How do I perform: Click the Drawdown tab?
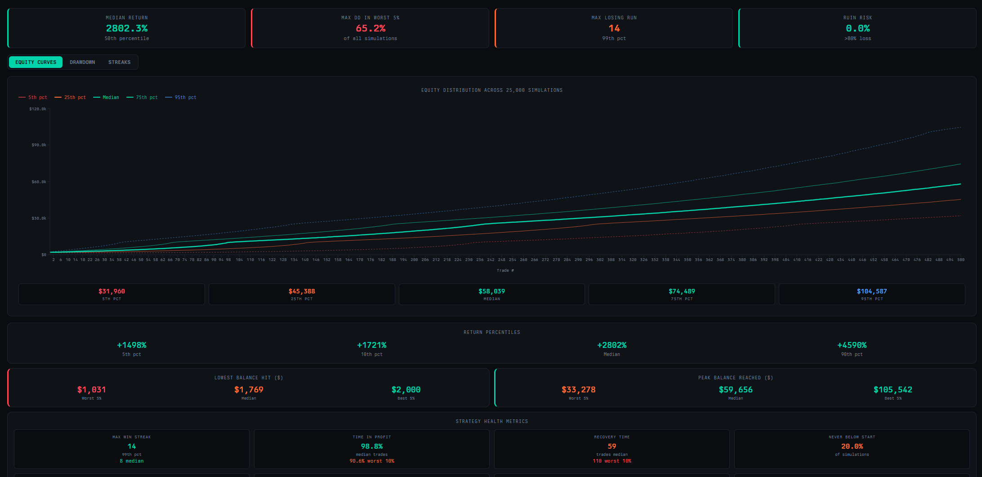pos(82,62)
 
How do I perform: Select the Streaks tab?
pos(119,62)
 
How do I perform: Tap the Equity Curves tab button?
pos(36,62)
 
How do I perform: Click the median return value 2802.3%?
pos(127,28)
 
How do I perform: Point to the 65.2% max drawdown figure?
pos(370,28)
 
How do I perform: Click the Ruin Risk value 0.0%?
pos(857,28)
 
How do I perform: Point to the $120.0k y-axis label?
pos(38,109)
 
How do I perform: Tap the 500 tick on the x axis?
pos(961,260)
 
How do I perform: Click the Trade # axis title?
pos(505,270)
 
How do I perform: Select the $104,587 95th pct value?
pos(872,292)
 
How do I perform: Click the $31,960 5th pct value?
pos(112,292)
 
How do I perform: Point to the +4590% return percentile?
pos(852,345)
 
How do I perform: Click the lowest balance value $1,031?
pos(91,390)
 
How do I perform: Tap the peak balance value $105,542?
pos(893,390)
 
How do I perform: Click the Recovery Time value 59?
pos(612,446)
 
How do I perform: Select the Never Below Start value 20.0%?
pos(852,446)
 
